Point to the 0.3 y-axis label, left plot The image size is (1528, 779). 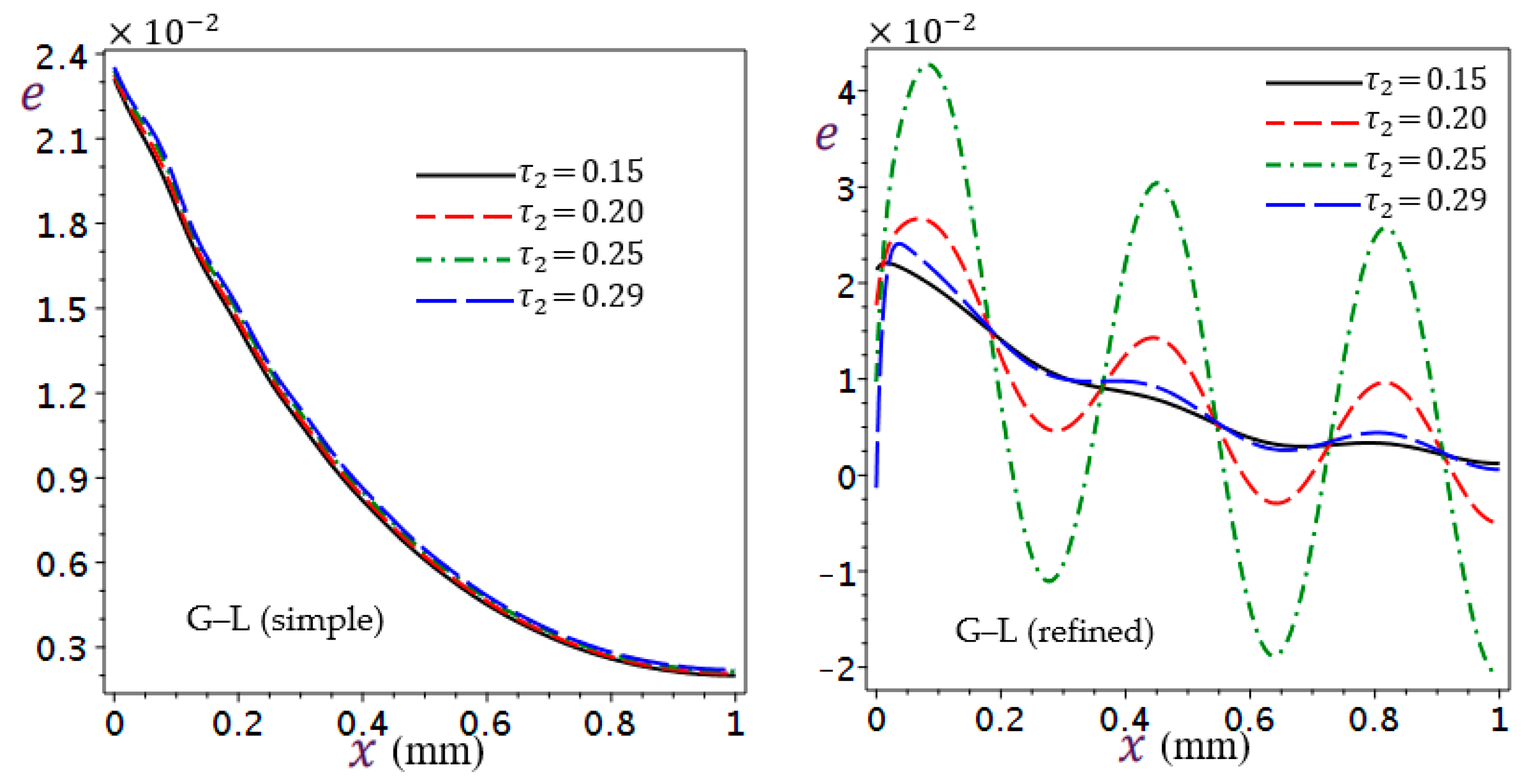tap(61, 648)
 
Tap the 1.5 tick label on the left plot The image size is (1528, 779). tap(61, 309)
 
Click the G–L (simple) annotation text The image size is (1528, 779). tap(285, 621)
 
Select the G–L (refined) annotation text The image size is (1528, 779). tap(1054, 631)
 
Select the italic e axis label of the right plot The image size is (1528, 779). tap(826, 135)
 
